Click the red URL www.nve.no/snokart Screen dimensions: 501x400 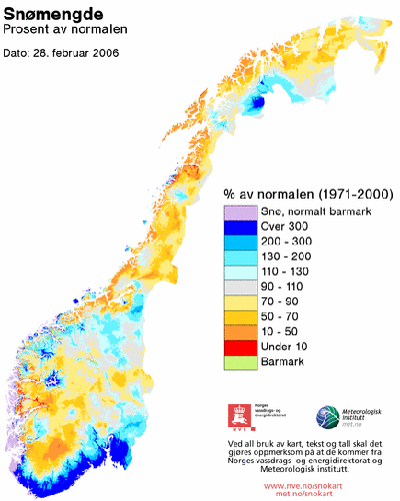point(309,484)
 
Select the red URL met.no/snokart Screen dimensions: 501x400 point(309,493)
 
